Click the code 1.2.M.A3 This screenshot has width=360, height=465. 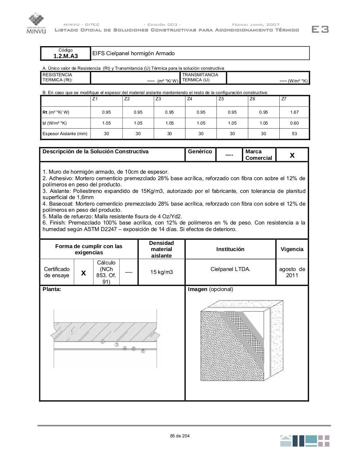click(x=65, y=56)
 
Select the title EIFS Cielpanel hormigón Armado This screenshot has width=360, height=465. click(x=133, y=53)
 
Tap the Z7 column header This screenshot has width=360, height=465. click(x=284, y=99)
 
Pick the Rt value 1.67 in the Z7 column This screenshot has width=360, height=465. click(x=294, y=112)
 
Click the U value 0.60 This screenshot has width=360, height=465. click(x=294, y=123)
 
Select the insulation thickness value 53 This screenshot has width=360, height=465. click(x=294, y=134)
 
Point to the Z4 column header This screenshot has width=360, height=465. click(x=189, y=99)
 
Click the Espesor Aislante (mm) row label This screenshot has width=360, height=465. click(x=65, y=134)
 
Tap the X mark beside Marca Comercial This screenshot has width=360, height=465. click(x=292, y=155)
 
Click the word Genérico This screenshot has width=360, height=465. click(x=200, y=151)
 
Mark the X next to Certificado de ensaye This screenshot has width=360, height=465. click(x=83, y=273)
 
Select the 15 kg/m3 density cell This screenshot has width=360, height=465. click(x=161, y=272)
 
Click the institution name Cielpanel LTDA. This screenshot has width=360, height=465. click(x=230, y=269)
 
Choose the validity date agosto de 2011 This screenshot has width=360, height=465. click(x=292, y=272)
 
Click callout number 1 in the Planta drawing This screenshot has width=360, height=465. click(x=72, y=332)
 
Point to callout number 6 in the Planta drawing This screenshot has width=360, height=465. click(x=143, y=351)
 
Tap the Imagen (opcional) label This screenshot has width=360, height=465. click(x=210, y=289)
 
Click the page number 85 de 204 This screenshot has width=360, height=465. click(x=180, y=436)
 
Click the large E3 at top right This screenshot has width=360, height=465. click(x=320, y=29)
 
